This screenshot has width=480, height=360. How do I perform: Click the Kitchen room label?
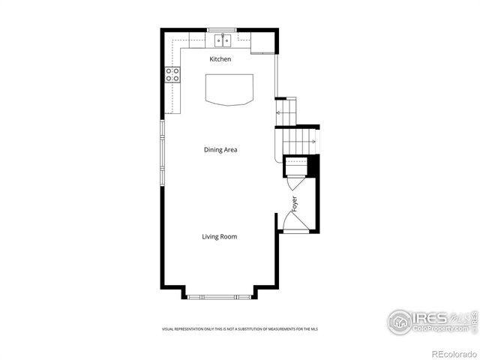point(220,59)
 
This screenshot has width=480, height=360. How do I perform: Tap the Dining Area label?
point(220,150)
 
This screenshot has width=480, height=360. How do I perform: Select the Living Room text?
point(219,237)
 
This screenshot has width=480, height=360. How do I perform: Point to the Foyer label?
point(295,203)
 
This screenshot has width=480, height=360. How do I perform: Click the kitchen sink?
point(222,40)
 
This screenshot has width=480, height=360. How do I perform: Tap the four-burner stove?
point(172,74)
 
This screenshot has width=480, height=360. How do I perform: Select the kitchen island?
point(229,88)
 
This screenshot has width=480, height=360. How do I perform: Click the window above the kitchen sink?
point(222,30)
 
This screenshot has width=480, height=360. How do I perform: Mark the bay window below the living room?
point(220,297)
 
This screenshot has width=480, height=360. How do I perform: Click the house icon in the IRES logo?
point(400,322)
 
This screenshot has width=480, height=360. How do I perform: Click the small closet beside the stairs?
point(296,166)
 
